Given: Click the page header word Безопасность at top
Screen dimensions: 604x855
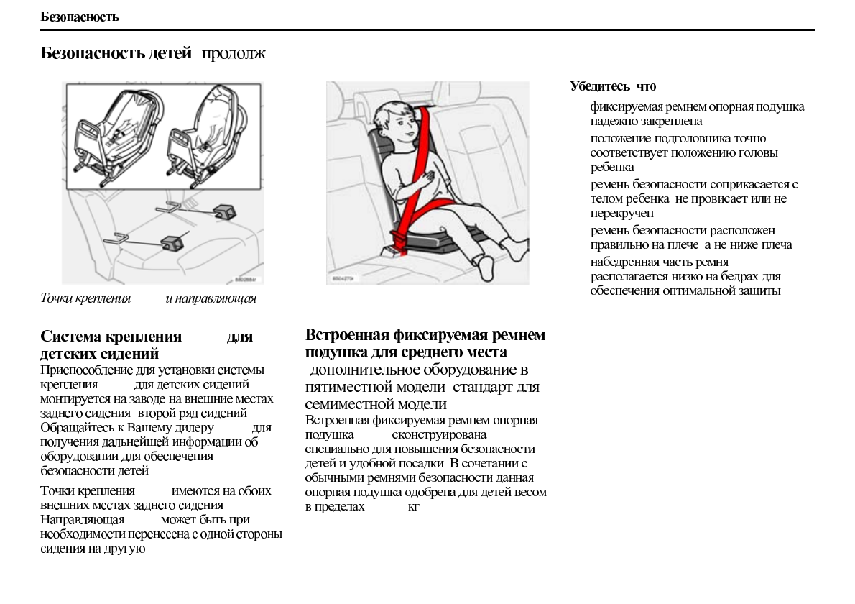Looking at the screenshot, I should pos(80,17).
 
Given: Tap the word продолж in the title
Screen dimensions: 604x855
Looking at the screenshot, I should pos(234,54).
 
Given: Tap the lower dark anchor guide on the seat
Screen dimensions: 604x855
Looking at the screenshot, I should pos(172,242).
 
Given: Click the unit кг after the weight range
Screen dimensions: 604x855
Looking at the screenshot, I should pos(413,507).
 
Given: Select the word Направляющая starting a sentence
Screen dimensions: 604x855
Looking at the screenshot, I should pos(82,519).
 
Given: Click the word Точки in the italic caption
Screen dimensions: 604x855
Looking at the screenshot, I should pos(55,298).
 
